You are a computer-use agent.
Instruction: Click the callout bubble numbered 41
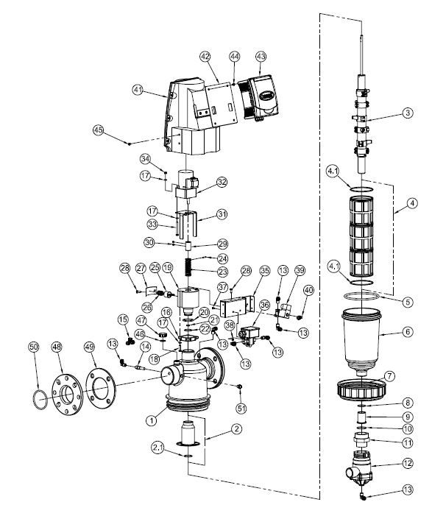coord(137,90)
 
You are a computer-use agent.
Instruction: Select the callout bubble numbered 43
coord(261,56)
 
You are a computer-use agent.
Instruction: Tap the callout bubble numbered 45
coord(98,130)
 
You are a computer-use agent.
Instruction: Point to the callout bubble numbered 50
coord(33,346)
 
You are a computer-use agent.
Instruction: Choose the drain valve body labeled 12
coord(358,471)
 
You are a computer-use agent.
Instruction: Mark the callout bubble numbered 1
coord(150,420)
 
